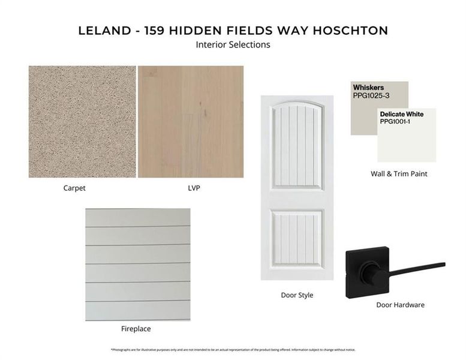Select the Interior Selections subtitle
click(233, 44)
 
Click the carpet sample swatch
click(82, 122)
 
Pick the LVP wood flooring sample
click(191, 122)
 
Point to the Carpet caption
click(74, 188)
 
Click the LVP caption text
click(193, 188)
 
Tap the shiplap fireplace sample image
click(137, 264)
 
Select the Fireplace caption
click(136, 329)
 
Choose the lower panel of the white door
click(297, 239)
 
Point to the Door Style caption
click(297, 295)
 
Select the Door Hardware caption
click(400, 305)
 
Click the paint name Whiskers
click(368, 88)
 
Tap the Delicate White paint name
click(401, 114)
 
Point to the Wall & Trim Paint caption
click(399, 174)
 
